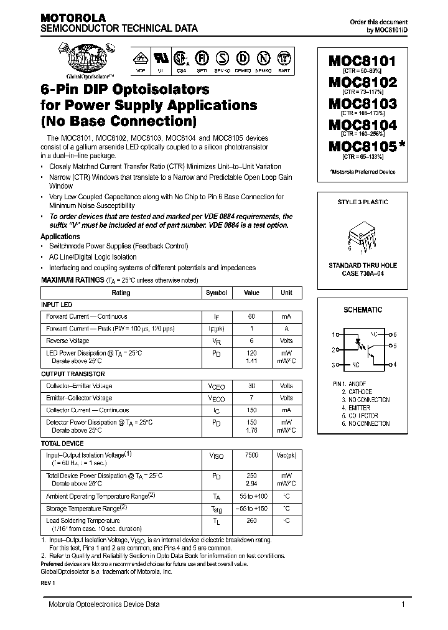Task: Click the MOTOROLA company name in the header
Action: point(73,18)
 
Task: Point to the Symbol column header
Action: point(217,293)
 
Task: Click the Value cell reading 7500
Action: point(251,456)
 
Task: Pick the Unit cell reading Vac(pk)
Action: point(286,456)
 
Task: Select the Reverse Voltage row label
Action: point(68,341)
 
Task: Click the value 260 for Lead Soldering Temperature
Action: point(251,520)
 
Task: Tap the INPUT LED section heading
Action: point(57,304)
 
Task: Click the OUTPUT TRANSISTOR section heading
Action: point(73,374)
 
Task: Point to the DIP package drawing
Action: point(363,237)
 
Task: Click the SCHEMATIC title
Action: point(363,309)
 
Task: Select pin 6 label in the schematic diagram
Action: point(394,334)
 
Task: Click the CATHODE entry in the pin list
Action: point(360,392)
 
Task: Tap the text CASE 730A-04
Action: point(363,274)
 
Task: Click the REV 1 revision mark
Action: point(48,583)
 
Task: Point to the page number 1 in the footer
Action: point(403,604)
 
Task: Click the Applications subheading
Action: point(60,237)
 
